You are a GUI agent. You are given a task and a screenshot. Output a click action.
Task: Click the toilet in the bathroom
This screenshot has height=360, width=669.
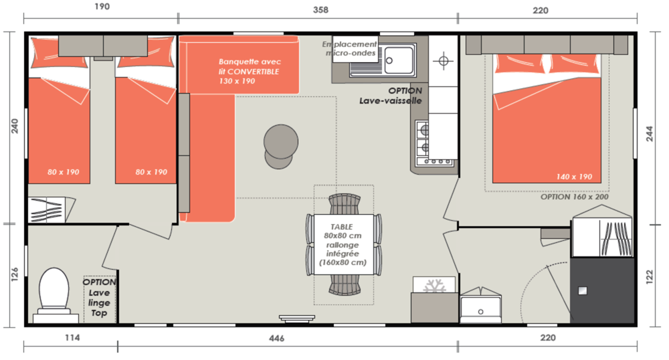[54, 294]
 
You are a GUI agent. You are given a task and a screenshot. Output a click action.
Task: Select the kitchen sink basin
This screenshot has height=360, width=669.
[399, 60]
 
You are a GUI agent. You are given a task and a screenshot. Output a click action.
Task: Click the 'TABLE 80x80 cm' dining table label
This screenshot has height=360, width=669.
[342, 231]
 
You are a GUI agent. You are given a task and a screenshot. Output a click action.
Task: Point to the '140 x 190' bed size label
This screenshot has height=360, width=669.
[574, 177]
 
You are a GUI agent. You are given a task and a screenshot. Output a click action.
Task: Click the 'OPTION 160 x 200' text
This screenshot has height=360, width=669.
[574, 197]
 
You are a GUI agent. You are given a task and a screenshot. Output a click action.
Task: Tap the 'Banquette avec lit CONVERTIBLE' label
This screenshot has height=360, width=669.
[250, 66]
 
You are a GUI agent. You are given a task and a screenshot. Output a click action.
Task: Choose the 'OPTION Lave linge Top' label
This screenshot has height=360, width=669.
[99, 297]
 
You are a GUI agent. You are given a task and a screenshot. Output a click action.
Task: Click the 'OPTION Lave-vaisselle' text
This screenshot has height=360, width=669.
[391, 96]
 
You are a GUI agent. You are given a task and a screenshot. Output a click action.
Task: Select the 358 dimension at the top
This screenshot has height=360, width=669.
[320, 10]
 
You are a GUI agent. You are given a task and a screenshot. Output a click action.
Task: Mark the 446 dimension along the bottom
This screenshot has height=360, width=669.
[276, 338]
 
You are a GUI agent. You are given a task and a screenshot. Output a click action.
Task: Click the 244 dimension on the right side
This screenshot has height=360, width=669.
[650, 134]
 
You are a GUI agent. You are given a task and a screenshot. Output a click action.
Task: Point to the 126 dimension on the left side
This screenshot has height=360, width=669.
[15, 274]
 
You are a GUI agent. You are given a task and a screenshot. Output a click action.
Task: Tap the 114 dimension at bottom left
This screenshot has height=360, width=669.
[72, 338]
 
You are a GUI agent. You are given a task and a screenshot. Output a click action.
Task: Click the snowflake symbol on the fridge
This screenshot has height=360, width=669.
[434, 286]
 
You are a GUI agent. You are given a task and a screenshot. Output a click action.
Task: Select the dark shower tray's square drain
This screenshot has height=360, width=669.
[583, 290]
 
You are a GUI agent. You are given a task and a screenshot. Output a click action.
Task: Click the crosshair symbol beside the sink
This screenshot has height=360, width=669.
[444, 61]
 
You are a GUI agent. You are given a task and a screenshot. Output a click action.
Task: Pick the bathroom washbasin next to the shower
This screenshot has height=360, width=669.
[480, 305]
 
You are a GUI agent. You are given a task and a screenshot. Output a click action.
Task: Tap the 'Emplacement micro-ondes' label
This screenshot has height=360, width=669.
[350, 49]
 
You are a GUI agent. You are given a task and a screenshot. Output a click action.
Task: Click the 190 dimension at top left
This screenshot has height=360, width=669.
[102, 7]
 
